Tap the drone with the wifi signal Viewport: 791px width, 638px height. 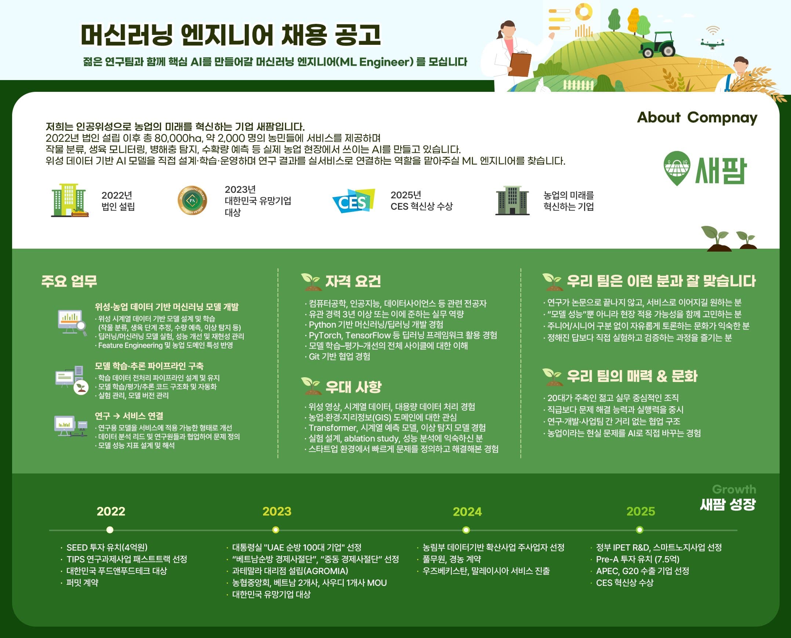point(712,43)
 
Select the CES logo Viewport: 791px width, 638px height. point(353,201)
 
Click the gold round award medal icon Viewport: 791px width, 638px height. point(192,200)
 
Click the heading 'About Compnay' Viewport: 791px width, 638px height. point(697,118)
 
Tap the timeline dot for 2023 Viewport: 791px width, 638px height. point(276,530)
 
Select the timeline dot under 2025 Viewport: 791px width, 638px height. point(639,530)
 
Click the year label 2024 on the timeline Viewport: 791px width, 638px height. point(467,511)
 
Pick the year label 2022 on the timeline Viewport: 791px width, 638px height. point(111,511)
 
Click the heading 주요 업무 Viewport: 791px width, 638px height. point(69,281)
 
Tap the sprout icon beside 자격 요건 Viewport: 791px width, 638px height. point(310,281)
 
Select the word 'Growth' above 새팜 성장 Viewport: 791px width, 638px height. point(734,489)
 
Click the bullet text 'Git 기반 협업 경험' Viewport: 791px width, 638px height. point(339,356)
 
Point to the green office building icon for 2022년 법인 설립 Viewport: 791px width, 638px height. point(69,200)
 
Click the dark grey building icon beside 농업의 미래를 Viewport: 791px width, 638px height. point(512,201)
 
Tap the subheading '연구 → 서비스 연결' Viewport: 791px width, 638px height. point(129,416)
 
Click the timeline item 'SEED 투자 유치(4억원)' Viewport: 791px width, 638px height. point(107,547)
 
